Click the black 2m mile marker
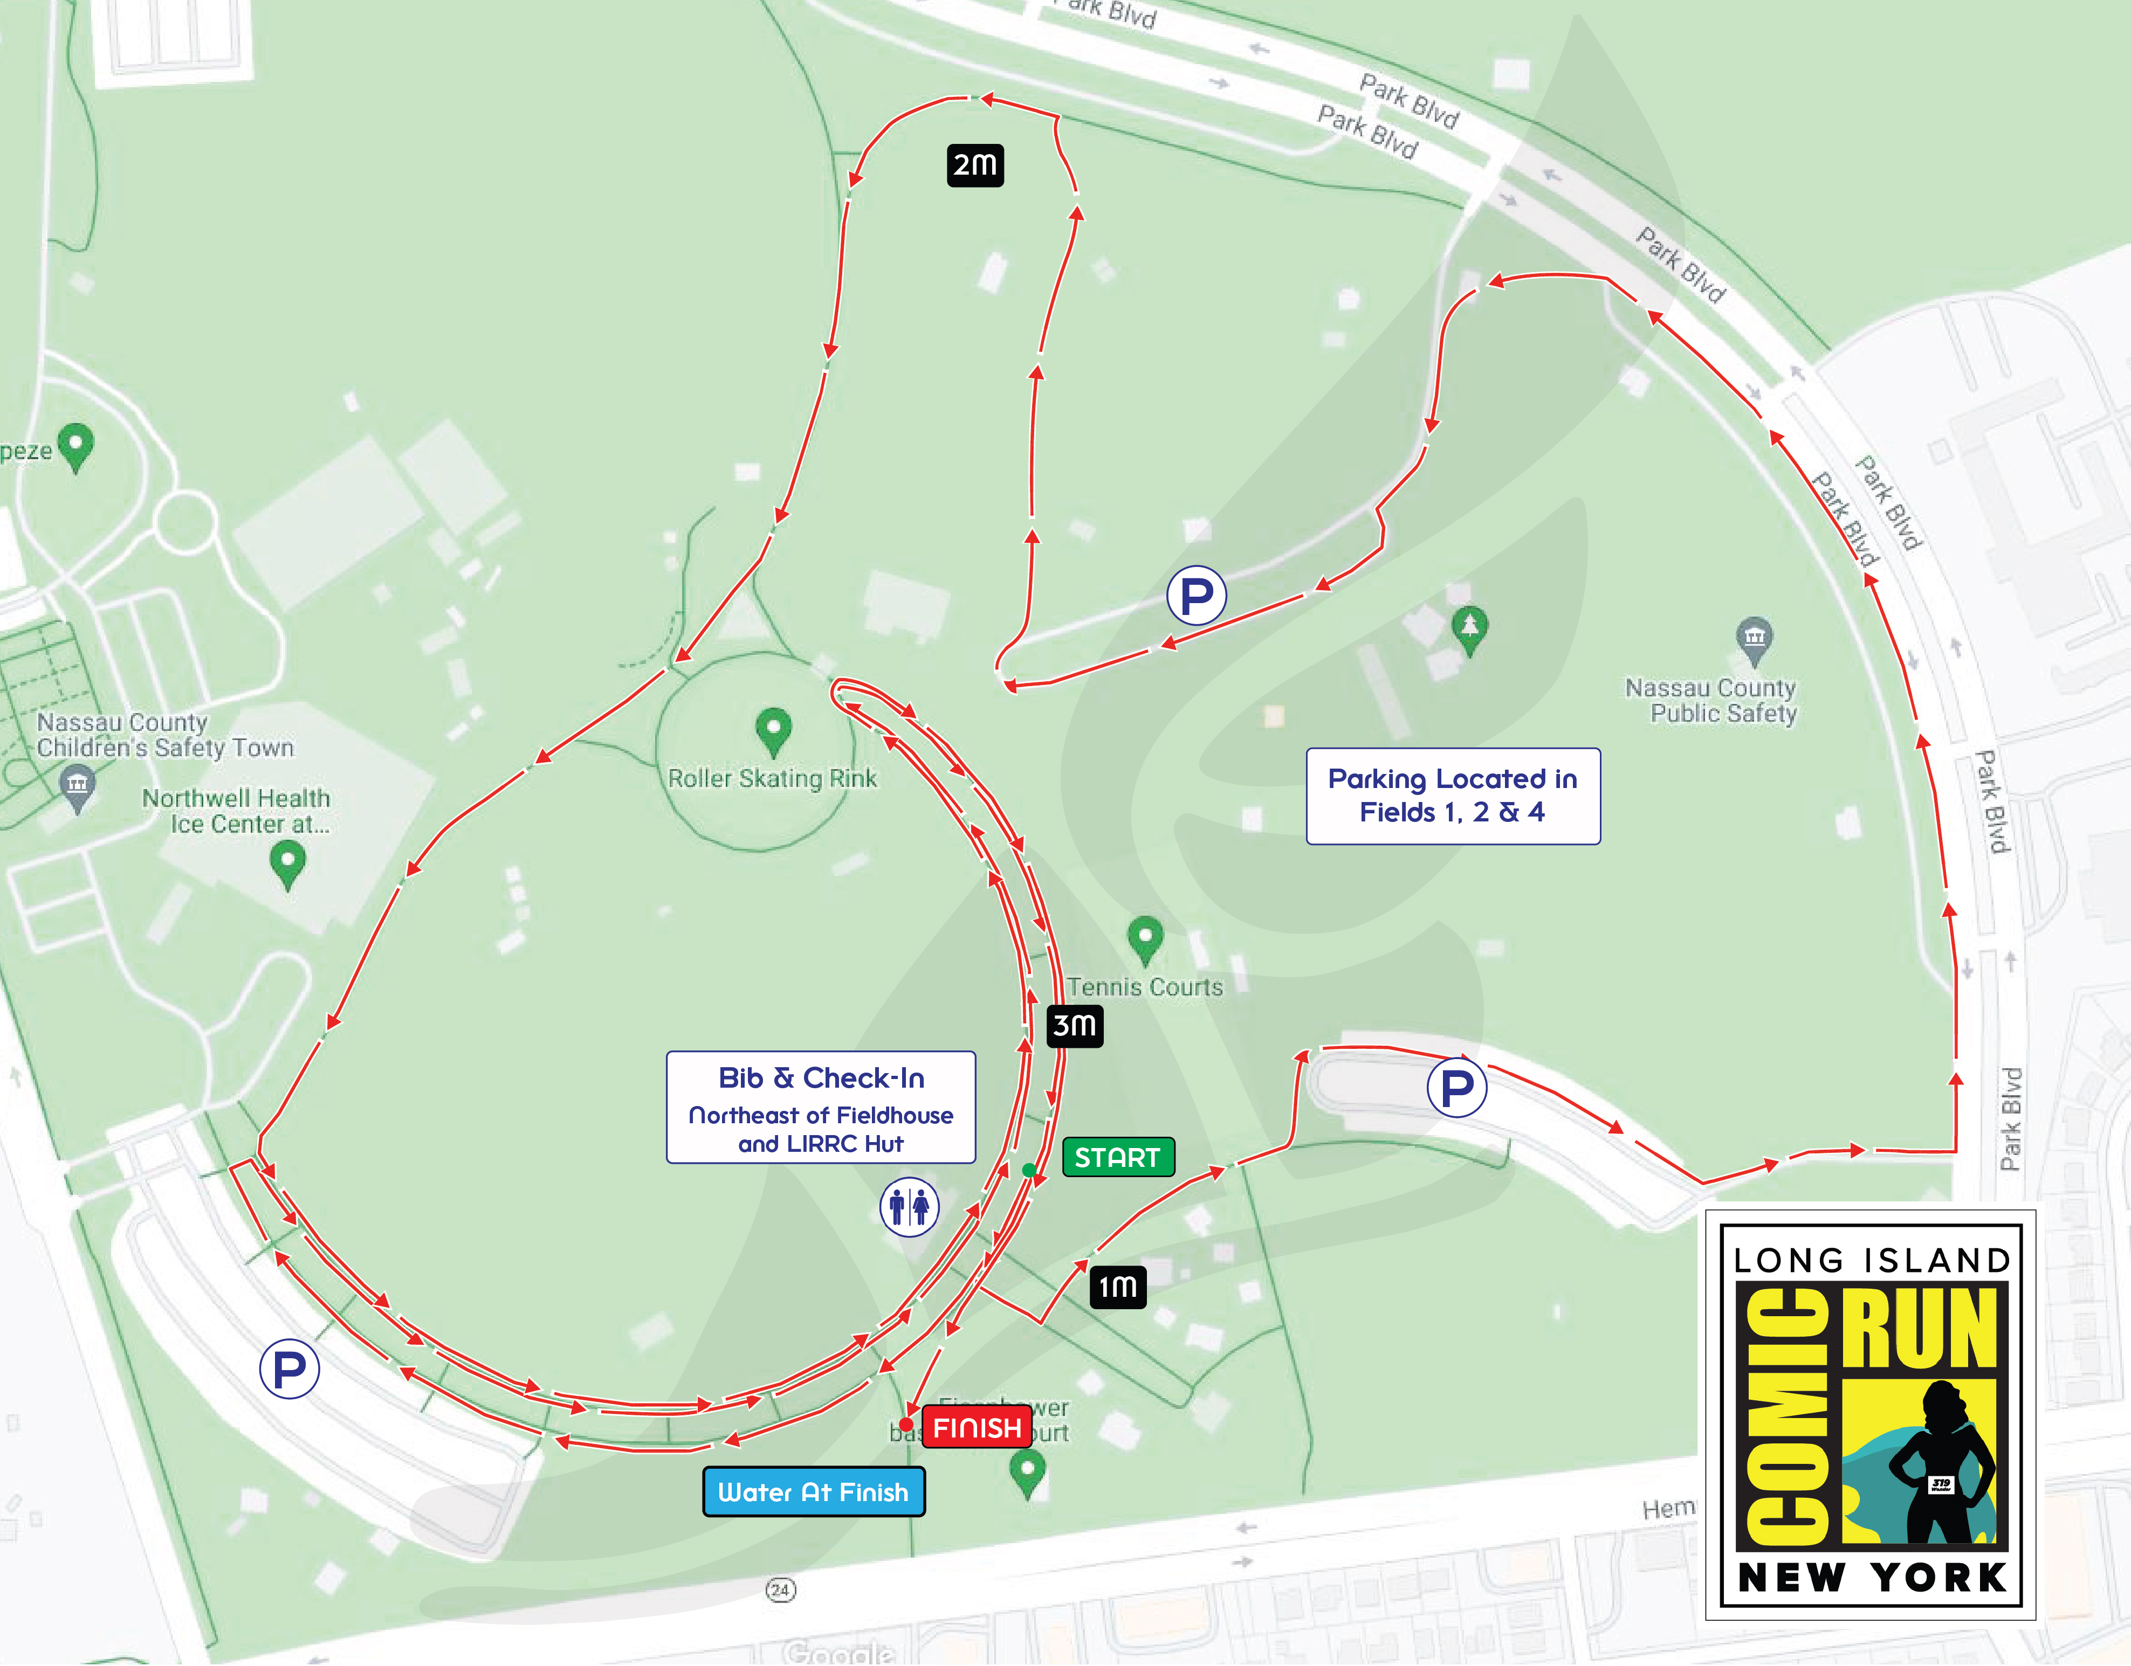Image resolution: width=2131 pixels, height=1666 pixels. coord(975,165)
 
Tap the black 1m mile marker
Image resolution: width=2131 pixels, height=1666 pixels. coord(1117,1287)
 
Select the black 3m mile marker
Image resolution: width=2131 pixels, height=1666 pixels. coord(1074,1025)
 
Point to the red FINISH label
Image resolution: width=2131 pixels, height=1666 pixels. coord(977,1428)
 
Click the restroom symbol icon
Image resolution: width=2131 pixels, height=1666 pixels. coord(909,1207)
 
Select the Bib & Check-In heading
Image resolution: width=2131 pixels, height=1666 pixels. coord(821,1078)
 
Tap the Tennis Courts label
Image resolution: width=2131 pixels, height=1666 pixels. coord(1145,987)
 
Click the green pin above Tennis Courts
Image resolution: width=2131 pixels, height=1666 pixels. coord(1145,937)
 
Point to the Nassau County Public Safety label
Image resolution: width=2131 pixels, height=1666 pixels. coord(1710,700)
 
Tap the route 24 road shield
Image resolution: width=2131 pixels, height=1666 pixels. coord(780,1590)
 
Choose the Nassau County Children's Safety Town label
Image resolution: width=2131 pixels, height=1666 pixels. coord(164,735)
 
